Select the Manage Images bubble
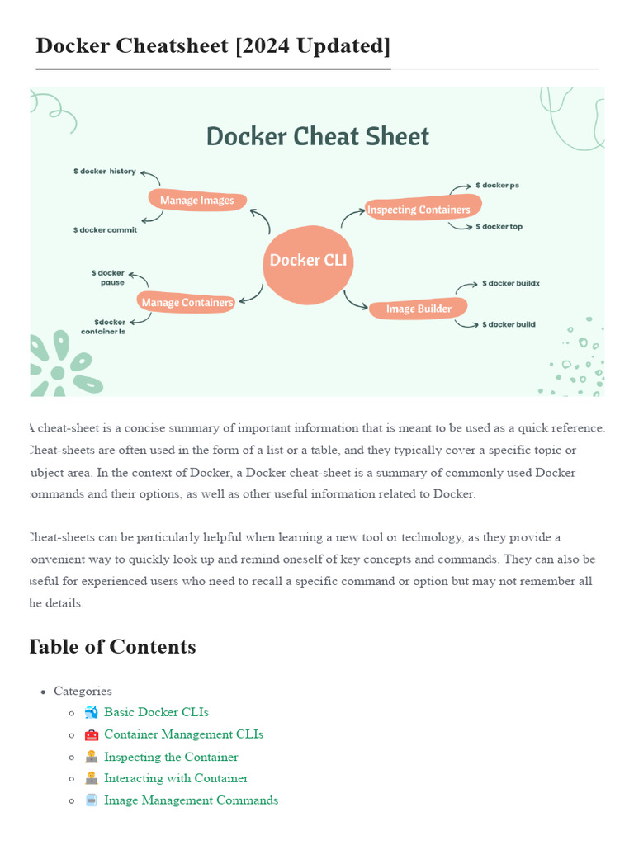click(197, 200)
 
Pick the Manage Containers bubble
click(187, 303)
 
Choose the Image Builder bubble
click(418, 309)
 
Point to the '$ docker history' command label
click(105, 172)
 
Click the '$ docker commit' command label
click(105, 230)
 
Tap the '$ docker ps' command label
click(498, 186)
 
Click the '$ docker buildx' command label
click(510, 284)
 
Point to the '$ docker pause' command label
click(108, 277)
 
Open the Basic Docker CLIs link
click(156, 712)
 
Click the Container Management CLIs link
click(183, 734)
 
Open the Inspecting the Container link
click(171, 757)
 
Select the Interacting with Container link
click(176, 778)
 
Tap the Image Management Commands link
click(191, 800)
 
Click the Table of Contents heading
click(113, 647)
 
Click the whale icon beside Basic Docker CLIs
click(92, 712)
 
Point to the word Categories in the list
click(83, 691)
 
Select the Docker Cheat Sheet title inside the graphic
click(318, 137)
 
